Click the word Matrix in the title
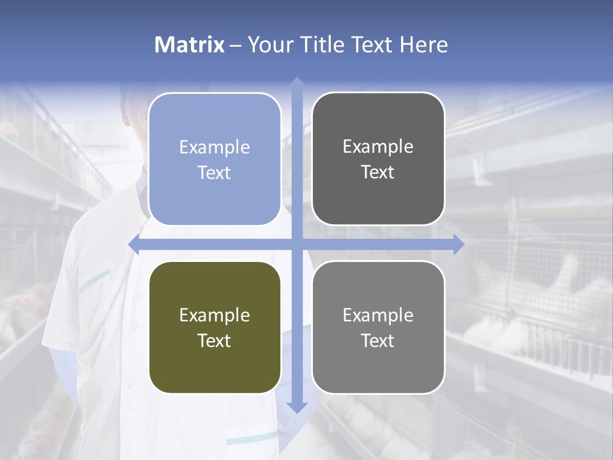pos(190,45)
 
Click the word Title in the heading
pos(318,45)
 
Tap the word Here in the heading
pos(423,45)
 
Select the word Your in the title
pos(268,45)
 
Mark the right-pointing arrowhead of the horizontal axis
pos(458,245)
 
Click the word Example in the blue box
pos(215,148)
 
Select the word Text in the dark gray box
pos(378,172)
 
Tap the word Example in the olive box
pos(215,316)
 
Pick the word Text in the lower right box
pos(378,341)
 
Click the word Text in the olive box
pos(215,341)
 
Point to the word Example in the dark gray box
pos(378,147)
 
